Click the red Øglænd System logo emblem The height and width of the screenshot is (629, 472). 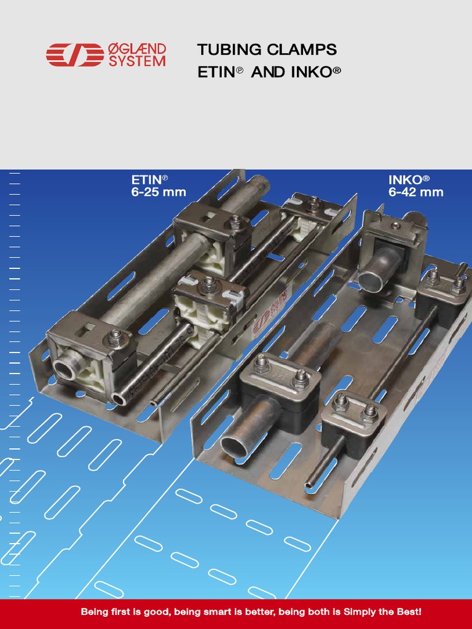point(74,55)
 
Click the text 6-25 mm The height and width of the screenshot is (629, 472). point(159,192)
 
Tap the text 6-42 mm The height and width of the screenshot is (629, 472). point(415,192)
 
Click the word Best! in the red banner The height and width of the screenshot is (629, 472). point(406,612)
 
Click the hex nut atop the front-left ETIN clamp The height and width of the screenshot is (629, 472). point(115,335)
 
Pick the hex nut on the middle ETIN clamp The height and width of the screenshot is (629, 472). point(208,283)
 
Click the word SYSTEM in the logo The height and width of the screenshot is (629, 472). point(137,61)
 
